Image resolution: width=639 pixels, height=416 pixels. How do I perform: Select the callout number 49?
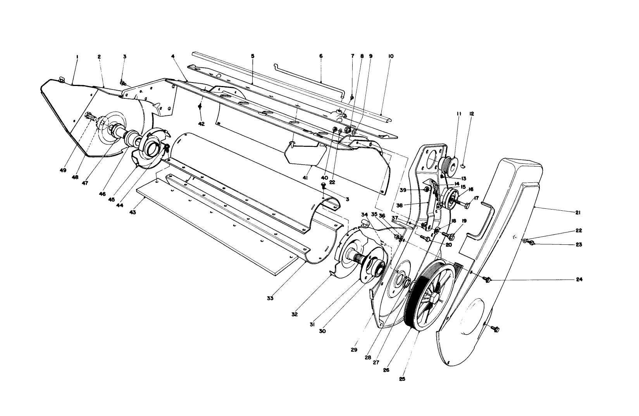tap(63, 170)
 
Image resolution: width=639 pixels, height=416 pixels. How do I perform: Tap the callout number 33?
tap(270, 298)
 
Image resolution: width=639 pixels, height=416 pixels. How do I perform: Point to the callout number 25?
tap(402, 379)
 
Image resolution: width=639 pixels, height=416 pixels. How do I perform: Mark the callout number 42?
tap(202, 124)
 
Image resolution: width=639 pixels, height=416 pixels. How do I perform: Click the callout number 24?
tap(579, 279)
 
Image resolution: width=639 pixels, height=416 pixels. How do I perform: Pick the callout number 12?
tap(472, 114)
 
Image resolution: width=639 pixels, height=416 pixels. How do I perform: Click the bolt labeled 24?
tap(488, 278)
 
